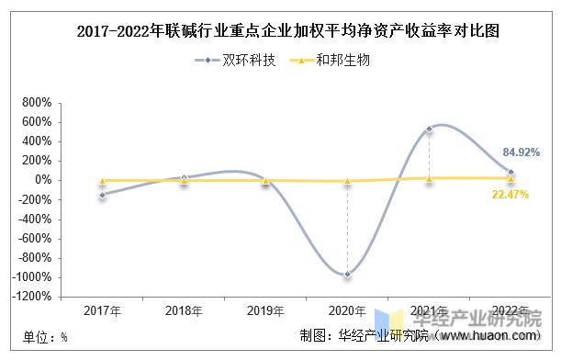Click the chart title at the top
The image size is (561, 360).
click(280, 31)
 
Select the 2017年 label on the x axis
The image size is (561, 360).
click(102, 311)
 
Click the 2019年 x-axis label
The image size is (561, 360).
click(265, 311)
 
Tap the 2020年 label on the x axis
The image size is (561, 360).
click(347, 311)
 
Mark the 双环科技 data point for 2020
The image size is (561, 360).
click(347, 274)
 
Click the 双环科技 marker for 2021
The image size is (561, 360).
click(429, 129)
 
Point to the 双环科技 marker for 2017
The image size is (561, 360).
click(102, 195)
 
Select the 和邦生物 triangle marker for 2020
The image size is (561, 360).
click(347, 181)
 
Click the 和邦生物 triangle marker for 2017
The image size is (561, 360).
click(102, 180)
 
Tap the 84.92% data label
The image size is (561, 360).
click(521, 152)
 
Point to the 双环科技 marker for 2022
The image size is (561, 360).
click(511, 172)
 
